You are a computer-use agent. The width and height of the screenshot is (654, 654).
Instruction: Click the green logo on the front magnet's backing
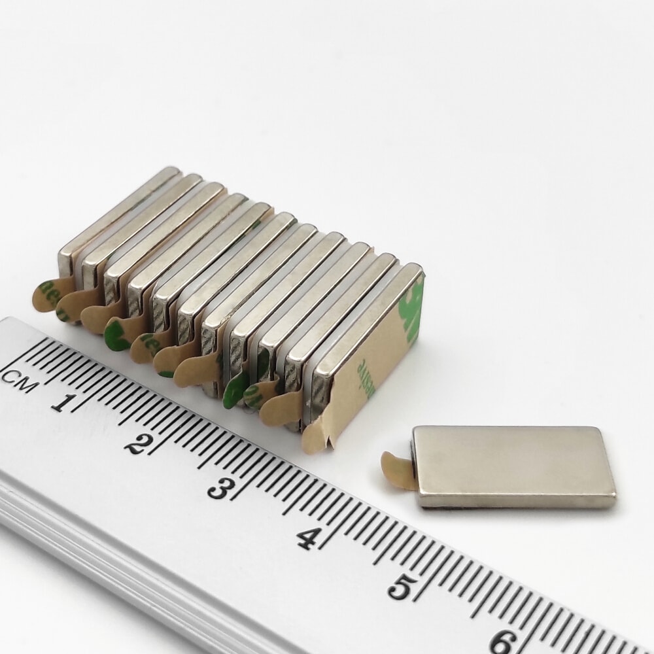[411, 314]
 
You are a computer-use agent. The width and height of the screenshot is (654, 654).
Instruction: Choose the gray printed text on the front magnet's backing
[362, 375]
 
